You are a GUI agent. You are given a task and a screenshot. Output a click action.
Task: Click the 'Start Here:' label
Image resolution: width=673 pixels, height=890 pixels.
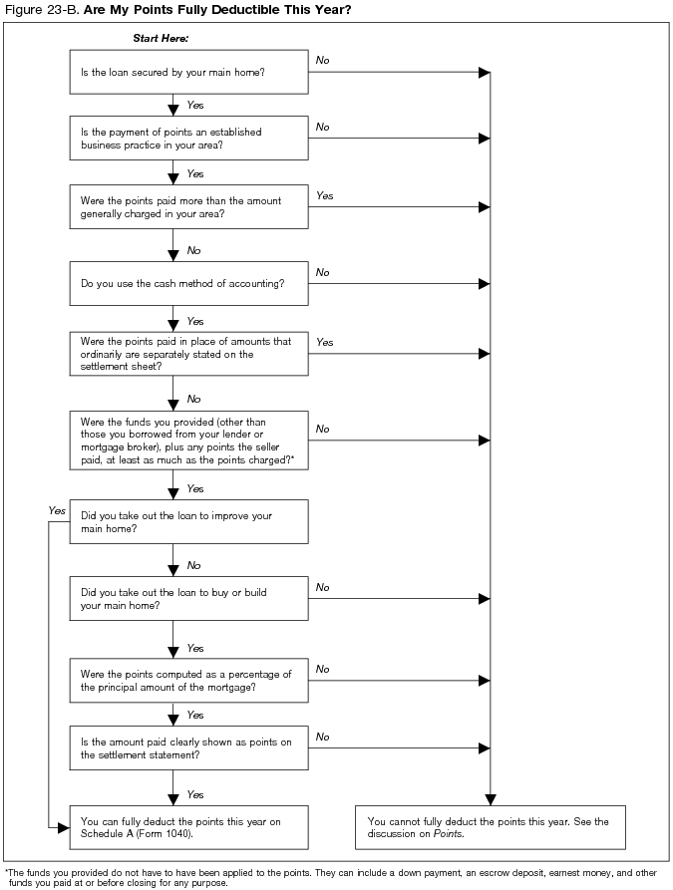coord(161,38)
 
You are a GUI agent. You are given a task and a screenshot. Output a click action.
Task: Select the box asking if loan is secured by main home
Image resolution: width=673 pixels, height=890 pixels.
coord(188,73)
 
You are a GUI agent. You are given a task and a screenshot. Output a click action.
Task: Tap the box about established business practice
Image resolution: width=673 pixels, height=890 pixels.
coord(188,139)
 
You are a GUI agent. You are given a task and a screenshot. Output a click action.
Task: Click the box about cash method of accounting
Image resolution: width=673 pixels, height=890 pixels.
coord(188,284)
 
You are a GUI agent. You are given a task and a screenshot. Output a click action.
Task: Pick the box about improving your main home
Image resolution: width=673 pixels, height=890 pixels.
coord(188,522)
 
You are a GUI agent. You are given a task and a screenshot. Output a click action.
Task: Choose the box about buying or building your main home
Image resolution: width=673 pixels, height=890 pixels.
coord(188,599)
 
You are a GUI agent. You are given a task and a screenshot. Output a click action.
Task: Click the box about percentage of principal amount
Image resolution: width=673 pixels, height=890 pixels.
coord(188,681)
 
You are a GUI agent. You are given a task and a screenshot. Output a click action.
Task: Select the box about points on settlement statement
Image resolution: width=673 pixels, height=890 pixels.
coord(188,748)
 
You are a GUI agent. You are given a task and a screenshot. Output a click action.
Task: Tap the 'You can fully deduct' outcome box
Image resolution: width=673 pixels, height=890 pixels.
coord(188,827)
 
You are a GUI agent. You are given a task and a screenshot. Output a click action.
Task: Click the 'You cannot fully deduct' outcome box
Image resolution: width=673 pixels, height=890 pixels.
coord(490,827)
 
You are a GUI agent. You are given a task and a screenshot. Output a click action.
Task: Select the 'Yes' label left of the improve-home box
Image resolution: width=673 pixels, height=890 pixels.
coord(57,510)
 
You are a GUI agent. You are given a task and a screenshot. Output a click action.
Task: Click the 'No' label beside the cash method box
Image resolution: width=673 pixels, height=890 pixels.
coord(323,272)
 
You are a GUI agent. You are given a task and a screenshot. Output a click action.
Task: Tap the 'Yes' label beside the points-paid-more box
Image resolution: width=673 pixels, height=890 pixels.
coord(325,196)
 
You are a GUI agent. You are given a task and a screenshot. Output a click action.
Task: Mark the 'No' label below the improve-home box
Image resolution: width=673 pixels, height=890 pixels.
coord(193,565)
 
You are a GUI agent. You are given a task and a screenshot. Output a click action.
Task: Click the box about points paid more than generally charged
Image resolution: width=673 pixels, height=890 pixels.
coord(188,207)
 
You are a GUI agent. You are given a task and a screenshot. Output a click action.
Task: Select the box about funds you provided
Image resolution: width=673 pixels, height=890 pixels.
coord(188,440)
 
